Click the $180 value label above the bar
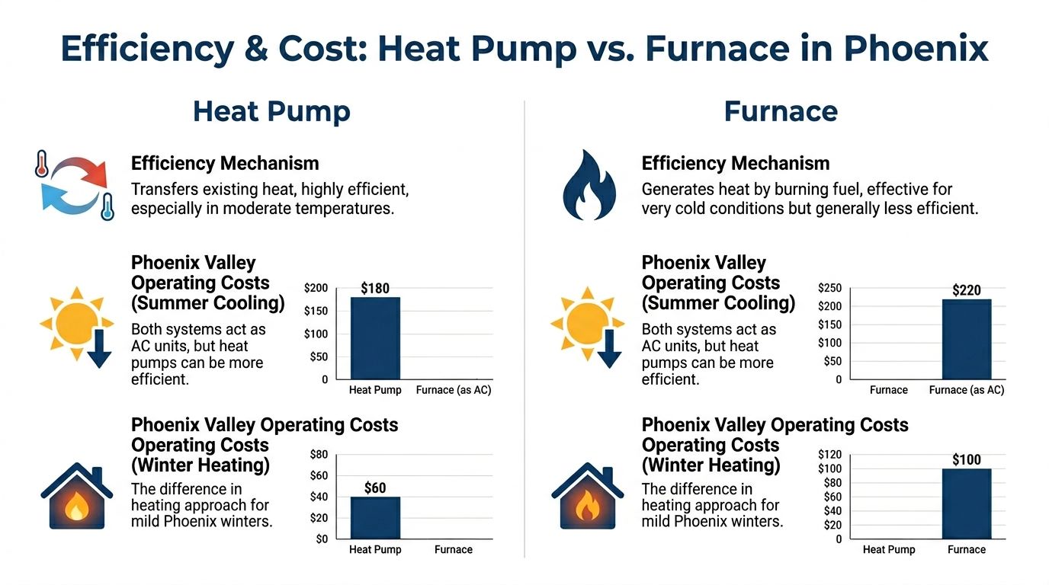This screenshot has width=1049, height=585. pyautogui.click(x=374, y=289)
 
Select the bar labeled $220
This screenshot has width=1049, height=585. pyautogui.click(x=966, y=339)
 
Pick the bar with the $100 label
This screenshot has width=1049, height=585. pyautogui.click(x=966, y=503)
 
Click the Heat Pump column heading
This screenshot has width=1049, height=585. pyautogui.click(x=271, y=111)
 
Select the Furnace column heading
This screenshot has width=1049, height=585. pyautogui.click(x=781, y=111)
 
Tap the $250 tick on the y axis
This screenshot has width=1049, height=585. pyautogui.click(x=829, y=288)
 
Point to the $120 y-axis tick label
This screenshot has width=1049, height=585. pyautogui.click(x=829, y=454)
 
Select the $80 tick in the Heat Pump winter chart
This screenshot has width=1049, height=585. pyautogui.click(x=319, y=455)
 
